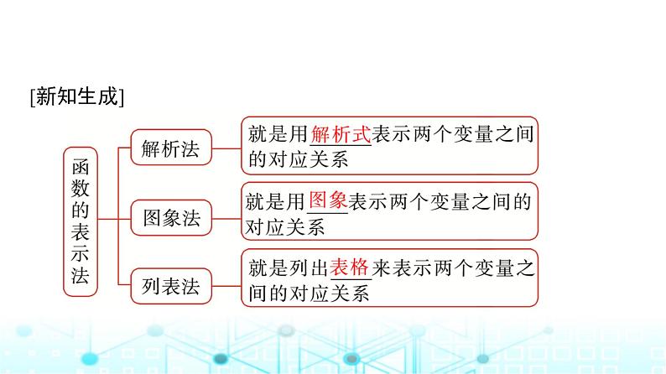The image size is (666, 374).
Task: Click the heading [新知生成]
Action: click(76, 97)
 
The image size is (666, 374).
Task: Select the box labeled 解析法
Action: click(171, 150)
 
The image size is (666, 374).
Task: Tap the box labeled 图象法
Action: click(171, 219)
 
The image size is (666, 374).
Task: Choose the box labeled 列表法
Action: click(171, 288)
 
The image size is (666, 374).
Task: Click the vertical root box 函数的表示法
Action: click(81, 220)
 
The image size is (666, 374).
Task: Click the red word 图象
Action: click(328, 201)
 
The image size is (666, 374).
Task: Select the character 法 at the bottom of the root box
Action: click(81, 278)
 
